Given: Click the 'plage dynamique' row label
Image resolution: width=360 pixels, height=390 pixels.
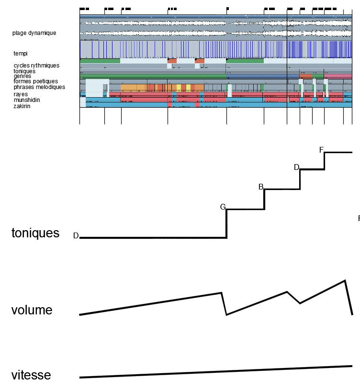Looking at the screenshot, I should click(x=34, y=33).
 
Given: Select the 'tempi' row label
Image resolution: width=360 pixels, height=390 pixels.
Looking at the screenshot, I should click(x=21, y=54).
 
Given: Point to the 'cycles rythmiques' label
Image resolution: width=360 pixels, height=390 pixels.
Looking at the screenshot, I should click(x=36, y=66).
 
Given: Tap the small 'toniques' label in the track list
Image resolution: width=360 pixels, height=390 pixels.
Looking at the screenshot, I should click(x=24, y=71).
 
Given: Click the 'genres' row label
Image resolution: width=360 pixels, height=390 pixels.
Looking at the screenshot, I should click(x=22, y=76).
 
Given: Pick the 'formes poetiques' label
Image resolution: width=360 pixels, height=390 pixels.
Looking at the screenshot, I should click(x=35, y=81).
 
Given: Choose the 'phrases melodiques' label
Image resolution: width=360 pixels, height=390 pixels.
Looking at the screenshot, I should click(x=39, y=87).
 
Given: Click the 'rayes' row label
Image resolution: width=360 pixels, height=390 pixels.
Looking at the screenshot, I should click(x=21, y=94).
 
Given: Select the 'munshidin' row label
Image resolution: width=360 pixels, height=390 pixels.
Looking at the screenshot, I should click(x=27, y=100).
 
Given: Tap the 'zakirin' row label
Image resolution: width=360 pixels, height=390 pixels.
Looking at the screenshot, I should click(x=22, y=106).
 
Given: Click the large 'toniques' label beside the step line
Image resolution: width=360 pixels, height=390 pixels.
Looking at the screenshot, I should click(x=35, y=233).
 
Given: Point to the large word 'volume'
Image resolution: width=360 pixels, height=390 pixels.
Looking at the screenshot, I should click(x=32, y=310).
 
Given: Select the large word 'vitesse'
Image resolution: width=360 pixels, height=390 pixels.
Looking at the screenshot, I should click(x=31, y=375).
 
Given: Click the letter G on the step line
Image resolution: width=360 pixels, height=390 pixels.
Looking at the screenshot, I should click(x=223, y=207).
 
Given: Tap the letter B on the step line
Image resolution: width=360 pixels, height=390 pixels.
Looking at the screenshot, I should click(x=261, y=187).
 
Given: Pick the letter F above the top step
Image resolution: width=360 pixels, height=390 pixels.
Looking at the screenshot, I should click(x=321, y=150).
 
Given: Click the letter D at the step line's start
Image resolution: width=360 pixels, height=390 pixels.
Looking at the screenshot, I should click(x=76, y=236).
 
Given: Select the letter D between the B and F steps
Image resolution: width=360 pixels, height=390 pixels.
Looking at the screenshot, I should click(x=296, y=167).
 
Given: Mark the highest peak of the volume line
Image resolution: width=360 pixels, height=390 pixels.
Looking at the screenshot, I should click(x=345, y=280).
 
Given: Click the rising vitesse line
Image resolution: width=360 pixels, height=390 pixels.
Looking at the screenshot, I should click(x=215, y=372).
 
